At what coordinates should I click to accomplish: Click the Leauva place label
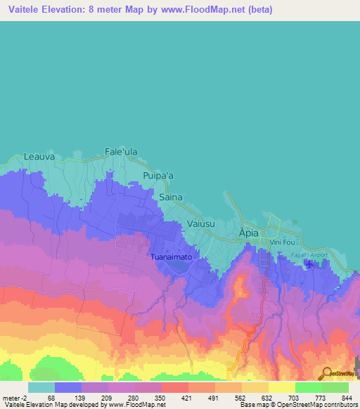point(39,157)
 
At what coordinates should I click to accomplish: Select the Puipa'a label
point(158,176)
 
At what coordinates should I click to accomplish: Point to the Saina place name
point(171,197)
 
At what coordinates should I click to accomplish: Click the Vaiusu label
point(200,223)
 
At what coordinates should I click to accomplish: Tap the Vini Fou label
point(283,242)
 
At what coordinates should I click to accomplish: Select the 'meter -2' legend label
point(15,397)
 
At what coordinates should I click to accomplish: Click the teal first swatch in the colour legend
point(41,387)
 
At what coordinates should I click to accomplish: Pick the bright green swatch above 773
point(309,387)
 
